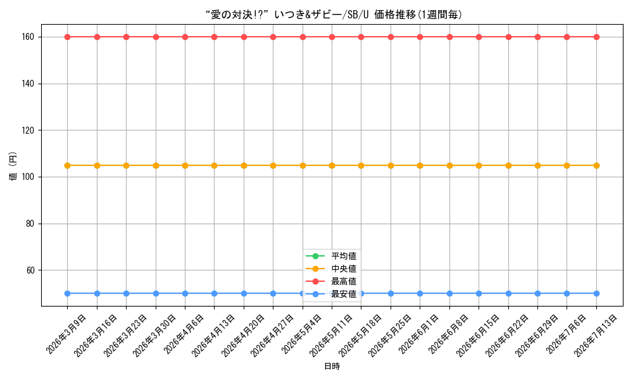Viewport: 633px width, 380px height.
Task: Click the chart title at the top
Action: (x=333, y=15)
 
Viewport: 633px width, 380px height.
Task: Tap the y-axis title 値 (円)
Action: (x=13, y=166)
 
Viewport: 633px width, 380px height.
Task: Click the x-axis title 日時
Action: (x=332, y=366)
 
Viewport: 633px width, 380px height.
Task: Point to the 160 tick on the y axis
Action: (x=30, y=37)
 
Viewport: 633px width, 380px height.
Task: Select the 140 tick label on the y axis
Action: (x=30, y=84)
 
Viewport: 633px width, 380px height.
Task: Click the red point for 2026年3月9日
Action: (x=68, y=37)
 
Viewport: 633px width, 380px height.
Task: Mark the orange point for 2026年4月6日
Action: (x=185, y=165)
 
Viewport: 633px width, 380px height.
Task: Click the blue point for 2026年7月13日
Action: (x=597, y=294)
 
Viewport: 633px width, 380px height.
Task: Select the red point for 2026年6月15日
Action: (x=479, y=37)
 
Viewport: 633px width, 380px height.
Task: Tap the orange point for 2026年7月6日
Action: (x=567, y=165)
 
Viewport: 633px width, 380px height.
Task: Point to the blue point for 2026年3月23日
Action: (x=127, y=294)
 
